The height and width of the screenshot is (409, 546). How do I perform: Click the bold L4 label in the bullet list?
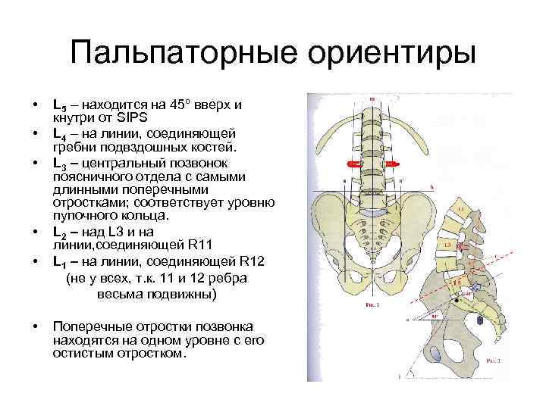pos(59,133)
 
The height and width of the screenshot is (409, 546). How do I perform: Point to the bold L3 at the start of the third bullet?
pos(59,163)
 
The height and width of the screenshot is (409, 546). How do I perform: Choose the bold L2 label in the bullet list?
pos(59,232)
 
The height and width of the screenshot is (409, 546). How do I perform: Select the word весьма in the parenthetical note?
pos(119,293)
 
